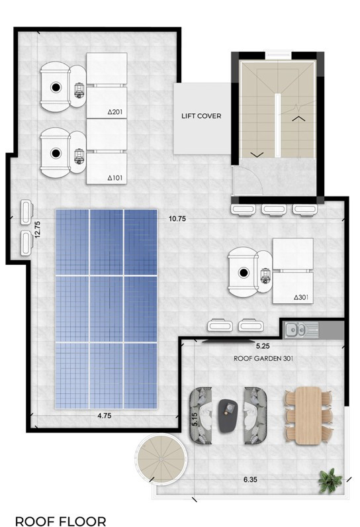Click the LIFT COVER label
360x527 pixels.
point(201,116)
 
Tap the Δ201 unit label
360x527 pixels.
point(115,112)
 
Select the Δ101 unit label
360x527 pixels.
point(115,178)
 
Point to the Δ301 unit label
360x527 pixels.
point(301,297)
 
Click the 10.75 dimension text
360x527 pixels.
point(177,218)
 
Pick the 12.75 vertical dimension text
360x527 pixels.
point(37,229)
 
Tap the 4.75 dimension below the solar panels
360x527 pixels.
point(104,416)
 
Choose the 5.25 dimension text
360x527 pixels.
point(263,346)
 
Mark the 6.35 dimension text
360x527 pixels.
point(250,479)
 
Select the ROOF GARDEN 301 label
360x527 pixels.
point(263,358)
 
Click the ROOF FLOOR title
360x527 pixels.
point(61,521)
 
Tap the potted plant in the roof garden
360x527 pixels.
point(330,481)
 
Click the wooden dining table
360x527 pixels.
point(308,415)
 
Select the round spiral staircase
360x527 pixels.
point(161,459)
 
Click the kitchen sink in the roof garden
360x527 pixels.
point(296,330)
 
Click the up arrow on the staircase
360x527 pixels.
point(298,119)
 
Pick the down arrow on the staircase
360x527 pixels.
point(257,154)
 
